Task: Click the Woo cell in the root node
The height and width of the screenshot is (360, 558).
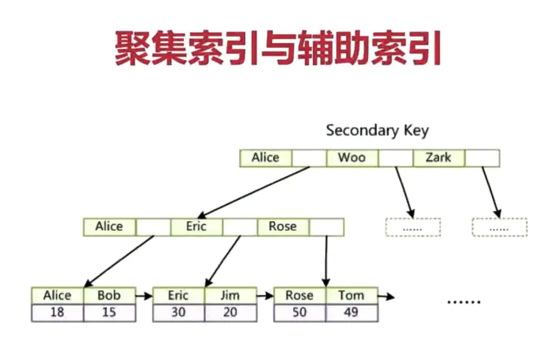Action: pos(352,158)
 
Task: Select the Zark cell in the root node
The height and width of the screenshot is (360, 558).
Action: pos(439,158)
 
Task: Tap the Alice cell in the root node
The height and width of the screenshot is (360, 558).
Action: pos(266,158)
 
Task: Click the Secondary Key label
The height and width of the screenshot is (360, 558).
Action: pos(377,130)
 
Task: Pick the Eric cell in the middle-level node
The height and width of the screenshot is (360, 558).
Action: pos(196,226)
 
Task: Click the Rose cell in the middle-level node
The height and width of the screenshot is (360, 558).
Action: pos(283,226)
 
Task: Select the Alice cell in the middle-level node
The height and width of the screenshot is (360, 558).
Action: pos(109,226)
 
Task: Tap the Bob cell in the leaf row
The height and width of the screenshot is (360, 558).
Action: pos(109,295)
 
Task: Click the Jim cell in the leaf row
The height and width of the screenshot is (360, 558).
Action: pos(230,295)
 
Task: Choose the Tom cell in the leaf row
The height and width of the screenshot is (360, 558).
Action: pos(351,295)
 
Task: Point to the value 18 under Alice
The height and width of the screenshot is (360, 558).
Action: pos(57,312)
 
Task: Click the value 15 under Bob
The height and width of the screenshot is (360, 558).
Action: pos(109,312)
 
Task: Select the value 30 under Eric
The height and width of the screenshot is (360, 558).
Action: pos(179,312)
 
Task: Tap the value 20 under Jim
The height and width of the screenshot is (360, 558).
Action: pos(230,312)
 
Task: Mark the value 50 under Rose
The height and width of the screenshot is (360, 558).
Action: pos(299,312)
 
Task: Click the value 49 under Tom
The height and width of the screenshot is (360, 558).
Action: pos(351,312)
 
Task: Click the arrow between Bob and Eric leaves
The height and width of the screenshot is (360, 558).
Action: pos(143,295)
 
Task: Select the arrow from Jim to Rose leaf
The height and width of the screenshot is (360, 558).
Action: pos(264,295)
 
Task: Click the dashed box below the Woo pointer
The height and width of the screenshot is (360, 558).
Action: pos(413,227)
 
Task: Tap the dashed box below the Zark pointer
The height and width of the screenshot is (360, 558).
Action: pos(499,227)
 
